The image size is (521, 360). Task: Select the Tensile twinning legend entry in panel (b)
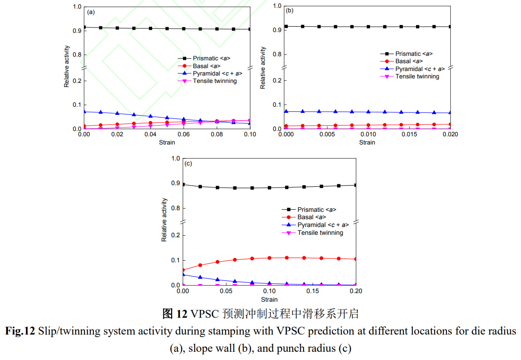[x=417, y=76]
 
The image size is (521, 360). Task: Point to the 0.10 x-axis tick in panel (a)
[x=250, y=135]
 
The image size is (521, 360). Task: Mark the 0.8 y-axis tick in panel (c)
[x=176, y=209]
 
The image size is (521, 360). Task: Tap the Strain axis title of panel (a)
[x=167, y=142]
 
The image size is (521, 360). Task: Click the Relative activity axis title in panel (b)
[x=263, y=68]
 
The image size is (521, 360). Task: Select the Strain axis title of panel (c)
[x=269, y=299]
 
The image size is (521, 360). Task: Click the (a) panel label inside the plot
[x=91, y=12]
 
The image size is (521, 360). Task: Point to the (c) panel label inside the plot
[x=189, y=163]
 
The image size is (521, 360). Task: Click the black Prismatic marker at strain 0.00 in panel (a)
[x=84, y=27]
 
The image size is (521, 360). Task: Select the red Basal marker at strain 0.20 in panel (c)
[x=356, y=259]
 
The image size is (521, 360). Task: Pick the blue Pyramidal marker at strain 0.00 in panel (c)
[x=183, y=274]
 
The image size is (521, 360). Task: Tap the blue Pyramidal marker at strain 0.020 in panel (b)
[x=450, y=112]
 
